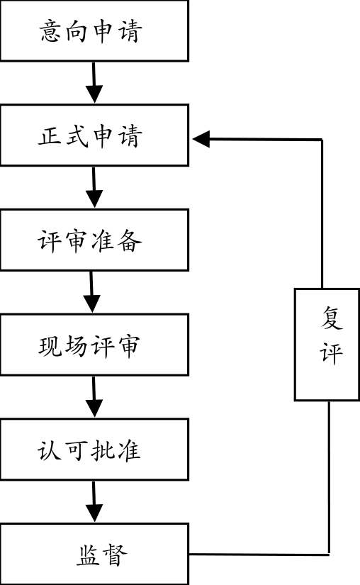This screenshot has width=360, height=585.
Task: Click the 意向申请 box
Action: pyautogui.click(x=94, y=31)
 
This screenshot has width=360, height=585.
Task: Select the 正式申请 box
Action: pyautogui.click(x=94, y=135)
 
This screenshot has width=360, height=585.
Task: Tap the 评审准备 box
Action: pyautogui.click(x=94, y=240)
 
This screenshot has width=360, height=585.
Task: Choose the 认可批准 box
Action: pyautogui.click(x=94, y=450)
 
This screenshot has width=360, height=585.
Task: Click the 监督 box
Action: pyautogui.click(x=94, y=555)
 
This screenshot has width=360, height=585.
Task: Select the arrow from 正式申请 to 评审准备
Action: pyautogui.click(x=94, y=187)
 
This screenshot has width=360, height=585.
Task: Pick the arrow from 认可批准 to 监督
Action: pyautogui.click(x=94, y=501)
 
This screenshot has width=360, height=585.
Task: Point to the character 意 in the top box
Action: pyautogui.click(x=52, y=32)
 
